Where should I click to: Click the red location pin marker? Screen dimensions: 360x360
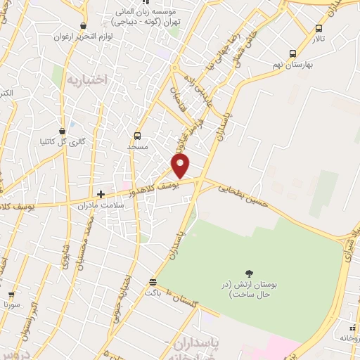point(181,166)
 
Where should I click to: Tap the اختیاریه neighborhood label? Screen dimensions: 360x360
point(87,79)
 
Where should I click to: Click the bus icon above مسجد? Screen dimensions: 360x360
point(137,136)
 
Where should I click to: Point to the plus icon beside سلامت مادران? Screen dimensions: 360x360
point(101,194)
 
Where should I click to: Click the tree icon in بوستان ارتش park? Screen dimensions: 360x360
point(248,273)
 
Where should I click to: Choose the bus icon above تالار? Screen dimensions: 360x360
point(320,29)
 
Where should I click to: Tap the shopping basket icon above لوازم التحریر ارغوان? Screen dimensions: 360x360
point(84,25)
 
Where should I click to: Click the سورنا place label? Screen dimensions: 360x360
point(11,305)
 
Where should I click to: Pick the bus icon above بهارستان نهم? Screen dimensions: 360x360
point(293,53)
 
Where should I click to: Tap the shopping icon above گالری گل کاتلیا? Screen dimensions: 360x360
point(63,130)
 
